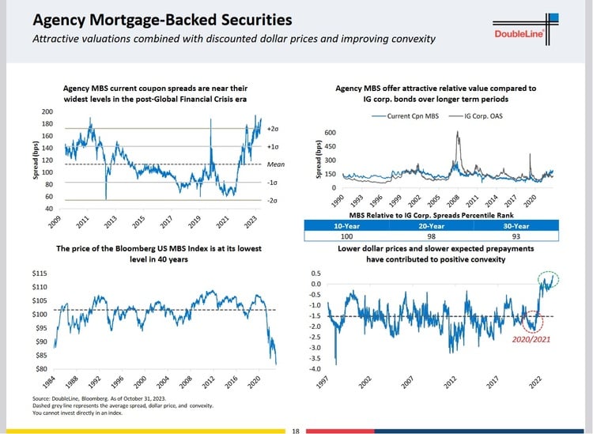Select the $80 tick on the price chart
tap(38, 368)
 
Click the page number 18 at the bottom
tap(296, 430)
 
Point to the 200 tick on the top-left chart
tap(48, 112)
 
